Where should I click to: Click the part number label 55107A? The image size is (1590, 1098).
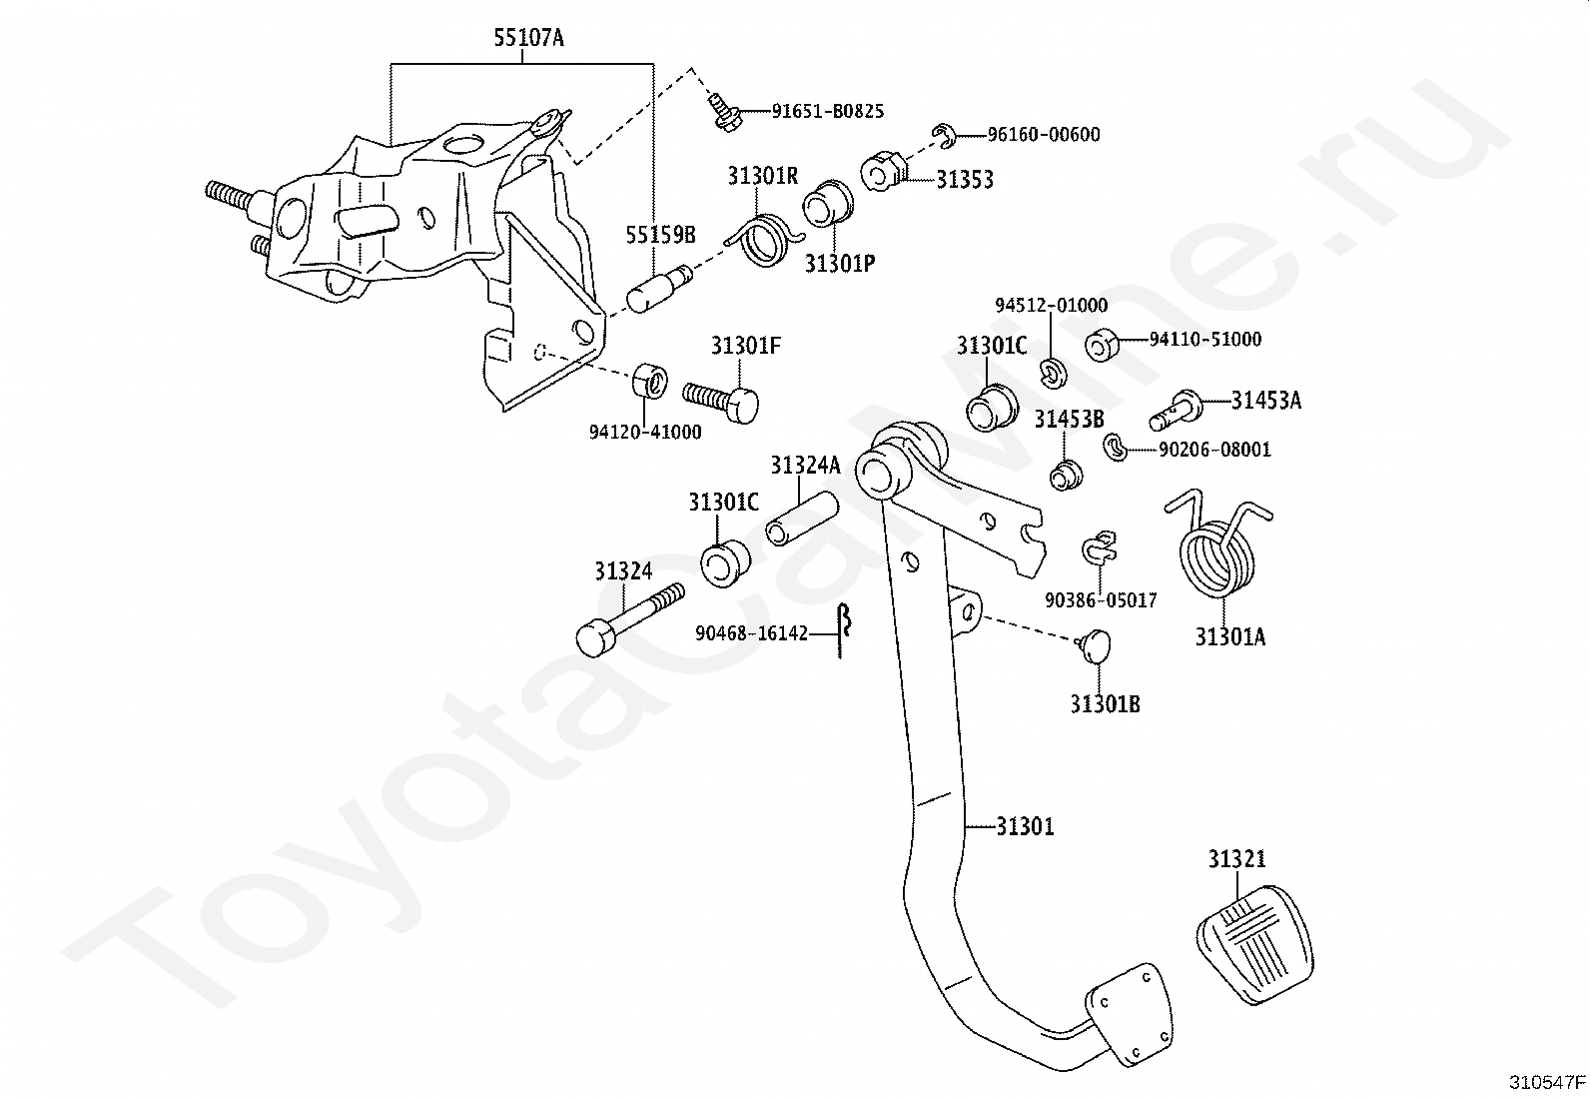pyautogui.click(x=528, y=37)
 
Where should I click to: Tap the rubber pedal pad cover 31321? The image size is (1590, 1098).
pyautogui.click(x=1255, y=944)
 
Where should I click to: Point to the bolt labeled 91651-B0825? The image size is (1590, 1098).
pyautogui.click(x=725, y=114)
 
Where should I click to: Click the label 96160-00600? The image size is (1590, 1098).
pyautogui.click(x=1044, y=134)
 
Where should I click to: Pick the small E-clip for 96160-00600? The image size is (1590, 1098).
pyautogui.click(x=945, y=136)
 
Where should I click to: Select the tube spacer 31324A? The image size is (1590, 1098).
pyautogui.click(x=802, y=519)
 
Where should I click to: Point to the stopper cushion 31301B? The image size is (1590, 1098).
pyautogui.click(x=1095, y=644)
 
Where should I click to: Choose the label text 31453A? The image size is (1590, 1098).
pyautogui.click(x=1266, y=401)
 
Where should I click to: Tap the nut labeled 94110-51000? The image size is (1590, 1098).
pyautogui.click(x=1102, y=345)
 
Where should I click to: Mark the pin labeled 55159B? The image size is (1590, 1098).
pyautogui.click(x=659, y=289)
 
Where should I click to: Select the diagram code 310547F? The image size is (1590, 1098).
pyautogui.click(x=1547, y=1082)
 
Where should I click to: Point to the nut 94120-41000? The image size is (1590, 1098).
pyautogui.click(x=649, y=381)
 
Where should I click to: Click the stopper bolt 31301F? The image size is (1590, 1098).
pyautogui.click(x=720, y=402)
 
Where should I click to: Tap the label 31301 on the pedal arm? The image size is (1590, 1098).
pyautogui.click(x=1025, y=826)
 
